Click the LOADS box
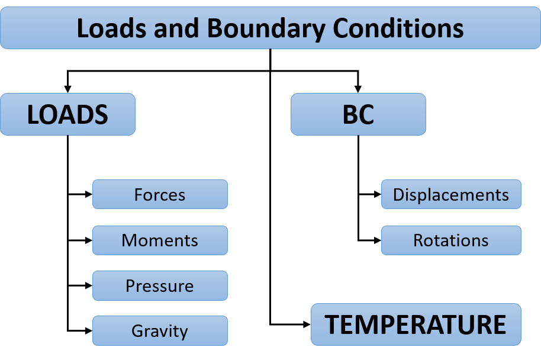click(67, 114)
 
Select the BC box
click(358, 114)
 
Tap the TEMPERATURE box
click(416, 324)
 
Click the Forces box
click(160, 194)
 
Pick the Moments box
click(160, 240)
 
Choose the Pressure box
click(160, 286)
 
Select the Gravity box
click(160, 330)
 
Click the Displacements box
click(451, 194)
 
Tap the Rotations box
click(451, 240)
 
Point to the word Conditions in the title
click(398, 28)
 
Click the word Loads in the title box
click(111, 28)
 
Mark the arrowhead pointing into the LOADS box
click(67, 89)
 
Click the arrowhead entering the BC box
click(358, 89)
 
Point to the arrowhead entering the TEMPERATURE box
click(307, 324)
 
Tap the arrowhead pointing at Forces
click(89, 194)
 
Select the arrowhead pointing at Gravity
click(89, 330)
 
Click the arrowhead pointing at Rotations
click(378, 240)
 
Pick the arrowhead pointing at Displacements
click(378, 194)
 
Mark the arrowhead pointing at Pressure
click(89, 286)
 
